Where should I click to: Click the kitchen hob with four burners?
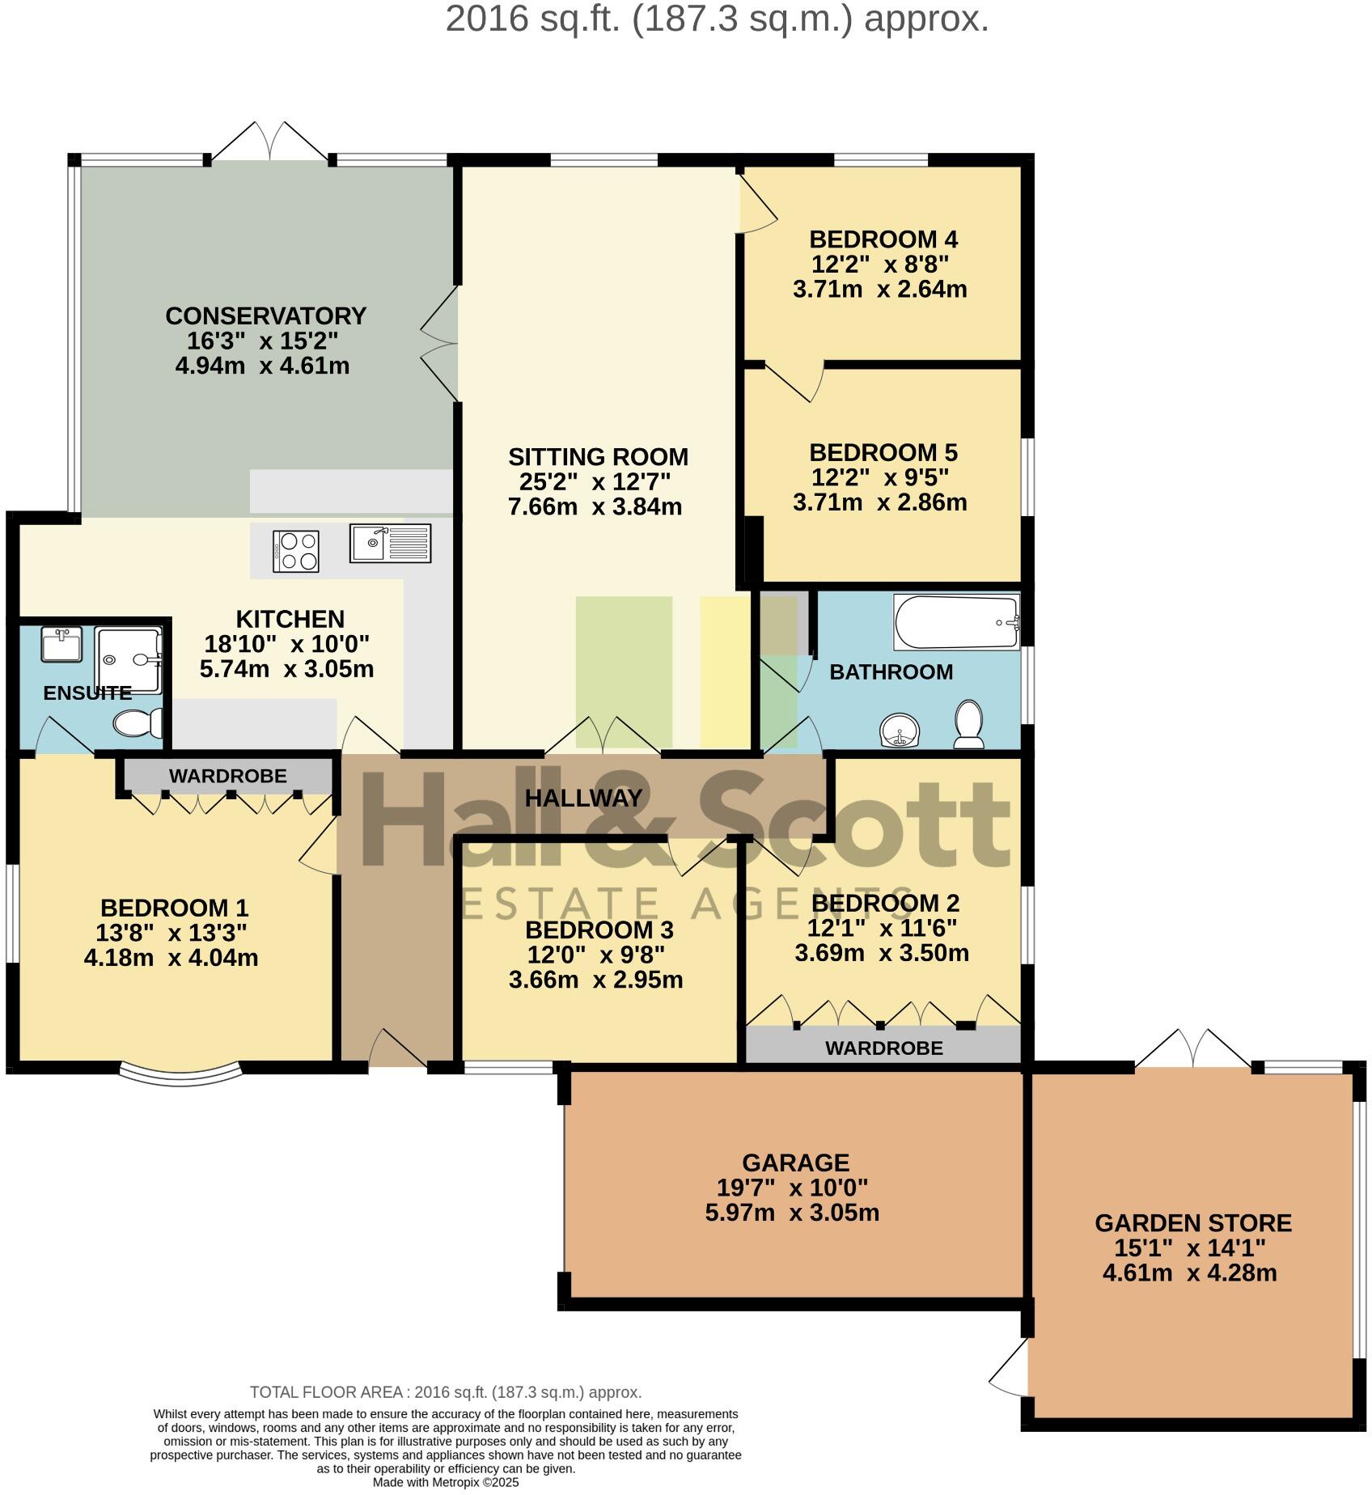click(x=297, y=551)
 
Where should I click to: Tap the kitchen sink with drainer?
click(x=392, y=543)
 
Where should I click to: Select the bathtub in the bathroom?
click(x=956, y=622)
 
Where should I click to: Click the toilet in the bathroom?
click(x=969, y=723)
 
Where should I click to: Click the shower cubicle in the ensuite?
click(x=129, y=659)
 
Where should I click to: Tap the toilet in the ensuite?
click(x=138, y=723)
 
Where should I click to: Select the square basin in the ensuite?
click(x=61, y=645)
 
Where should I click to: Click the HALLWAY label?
click(x=583, y=798)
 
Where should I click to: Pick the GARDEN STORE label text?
click(x=1192, y=1222)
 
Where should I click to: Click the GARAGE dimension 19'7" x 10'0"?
click(x=792, y=1188)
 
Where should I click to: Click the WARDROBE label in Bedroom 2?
click(x=883, y=1048)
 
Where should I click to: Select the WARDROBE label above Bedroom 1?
click(x=227, y=776)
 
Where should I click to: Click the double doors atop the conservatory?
click(x=270, y=142)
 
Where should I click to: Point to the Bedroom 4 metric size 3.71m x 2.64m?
click(x=879, y=289)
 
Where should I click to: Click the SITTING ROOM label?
click(x=598, y=457)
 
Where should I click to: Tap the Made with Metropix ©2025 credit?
click(x=445, y=1483)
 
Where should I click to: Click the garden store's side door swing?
click(x=1010, y=1370)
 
